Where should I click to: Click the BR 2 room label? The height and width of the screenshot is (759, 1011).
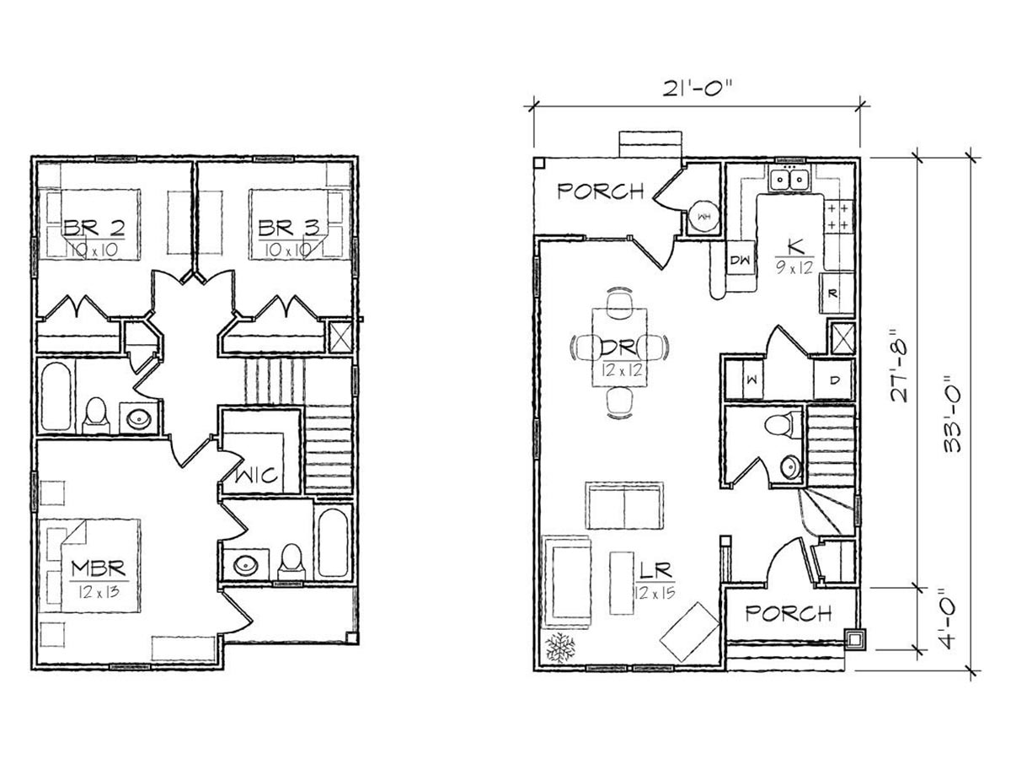click(x=94, y=228)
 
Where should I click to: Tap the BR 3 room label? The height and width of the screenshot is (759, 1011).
click(x=288, y=228)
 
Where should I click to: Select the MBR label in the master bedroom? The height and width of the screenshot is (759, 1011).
click(x=99, y=568)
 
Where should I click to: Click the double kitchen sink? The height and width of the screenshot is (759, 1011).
click(x=790, y=180)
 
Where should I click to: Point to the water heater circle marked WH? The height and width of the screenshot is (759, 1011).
click(x=704, y=217)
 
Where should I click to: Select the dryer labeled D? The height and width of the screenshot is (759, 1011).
click(x=834, y=379)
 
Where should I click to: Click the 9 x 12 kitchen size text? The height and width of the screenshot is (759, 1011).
click(x=794, y=267)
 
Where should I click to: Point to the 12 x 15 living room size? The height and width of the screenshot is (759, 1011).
click(x=655, y=592)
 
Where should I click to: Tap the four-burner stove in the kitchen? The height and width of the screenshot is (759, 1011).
click(x=839, y=217)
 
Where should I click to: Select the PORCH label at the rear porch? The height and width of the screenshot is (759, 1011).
click(x=600, y=191)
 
